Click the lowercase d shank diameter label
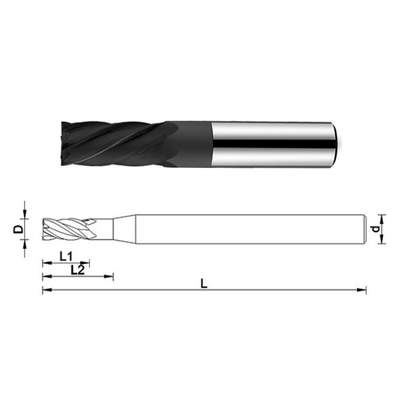[x=375, y=229]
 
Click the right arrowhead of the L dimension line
[x=363, y=290]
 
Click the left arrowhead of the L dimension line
[x=46, y=290]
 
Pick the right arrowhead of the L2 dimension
[x=110, y=276]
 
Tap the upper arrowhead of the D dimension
[x=25, y=216]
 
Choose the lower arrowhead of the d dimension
[x=381, y=240]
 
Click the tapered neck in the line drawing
[x=123, y=229]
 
